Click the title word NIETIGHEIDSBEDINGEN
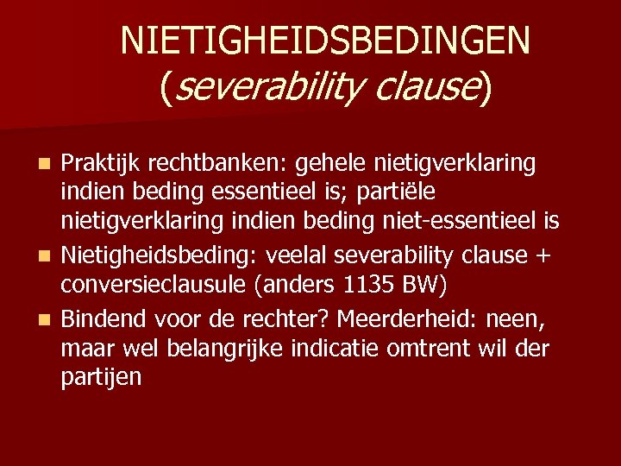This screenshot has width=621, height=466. pyautogui.click(x=326, y=40)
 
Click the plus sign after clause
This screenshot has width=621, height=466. pyautogui.click(x=544, y=256)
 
